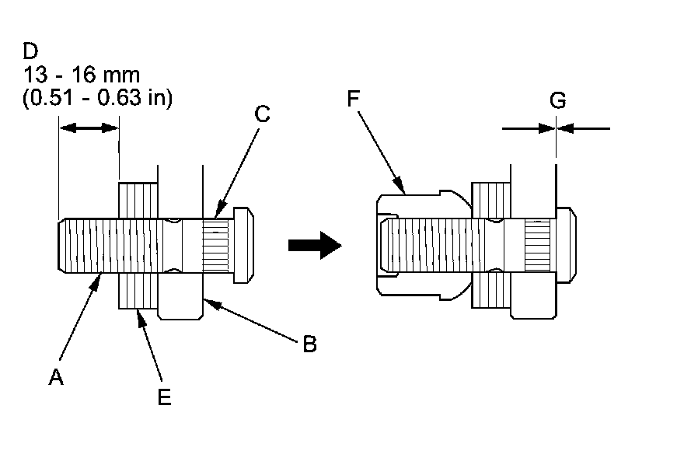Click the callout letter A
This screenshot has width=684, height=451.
[55, 377]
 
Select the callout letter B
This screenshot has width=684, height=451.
[309, 344]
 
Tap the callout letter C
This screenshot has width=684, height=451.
[262, 114]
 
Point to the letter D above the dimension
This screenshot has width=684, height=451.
[30, 52]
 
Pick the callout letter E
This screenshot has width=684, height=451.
[164, 397]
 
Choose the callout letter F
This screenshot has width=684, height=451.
[353, 100]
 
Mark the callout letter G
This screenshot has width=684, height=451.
[557, 100]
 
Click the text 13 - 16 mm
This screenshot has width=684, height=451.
[82, 75]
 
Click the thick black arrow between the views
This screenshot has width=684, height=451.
[315, 246]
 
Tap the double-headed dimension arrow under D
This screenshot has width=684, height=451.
[89, 127]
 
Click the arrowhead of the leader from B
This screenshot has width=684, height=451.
[206, 298]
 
